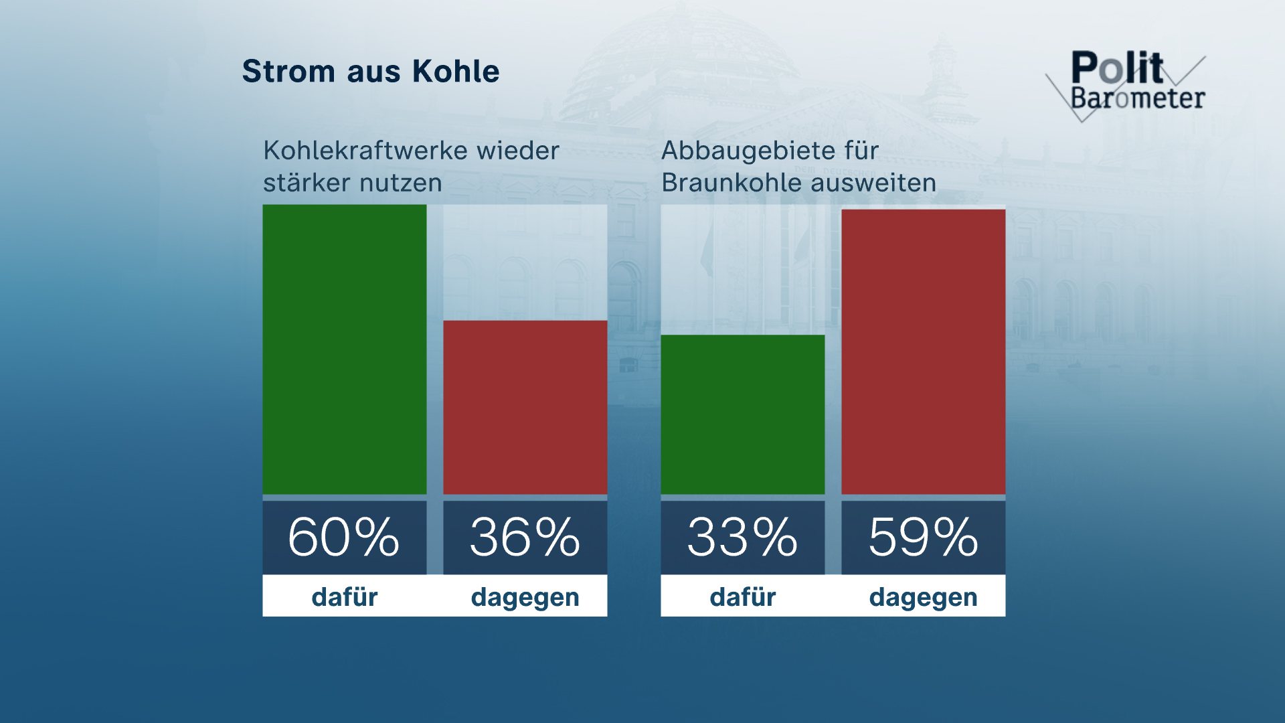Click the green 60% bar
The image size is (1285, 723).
click(x=344, y=349)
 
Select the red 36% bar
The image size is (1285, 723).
click(x=525, y=407)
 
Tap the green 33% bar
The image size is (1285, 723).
click(x=742, y=414)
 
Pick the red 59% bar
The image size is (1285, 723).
click(x=923, y=351)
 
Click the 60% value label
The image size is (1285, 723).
click(x=344, y=537)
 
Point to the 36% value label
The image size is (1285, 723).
click(x=525, y=537)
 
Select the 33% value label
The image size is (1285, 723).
click(x=742, y=537)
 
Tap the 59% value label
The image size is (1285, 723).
click(x=923, y=537)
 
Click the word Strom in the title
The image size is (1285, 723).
click(x=288, y=72)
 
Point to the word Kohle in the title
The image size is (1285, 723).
click(x=456, y=72)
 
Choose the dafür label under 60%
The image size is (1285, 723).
click(x=344, y=596)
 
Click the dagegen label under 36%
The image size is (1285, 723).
click(x=525, y=596)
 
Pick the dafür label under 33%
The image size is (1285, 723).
click(x=742, y=596)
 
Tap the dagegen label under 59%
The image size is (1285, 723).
click(x=923, y=596)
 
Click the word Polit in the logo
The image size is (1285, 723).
click(x=1117, y=68)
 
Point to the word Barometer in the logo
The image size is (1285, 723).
click(x=1138, y=98)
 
